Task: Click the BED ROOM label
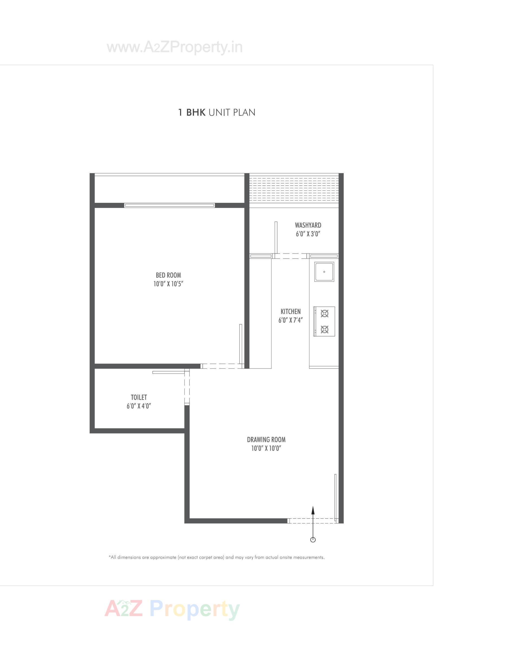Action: [x=168, y=275]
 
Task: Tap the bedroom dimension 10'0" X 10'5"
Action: [x=168, y=284]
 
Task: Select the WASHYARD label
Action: [x=308, y=225]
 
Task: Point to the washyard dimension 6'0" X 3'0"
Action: [x=308, y=234]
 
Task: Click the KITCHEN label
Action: [x=290, y=311]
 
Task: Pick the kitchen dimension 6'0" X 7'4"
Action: [x=290, y=320]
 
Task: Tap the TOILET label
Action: [x=139, y=397]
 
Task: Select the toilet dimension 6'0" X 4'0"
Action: [x=139, y=406]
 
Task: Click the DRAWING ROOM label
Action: [x=266, y=440]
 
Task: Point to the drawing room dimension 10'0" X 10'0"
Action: [x=266, y=448]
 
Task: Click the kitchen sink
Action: [x=324, y=272]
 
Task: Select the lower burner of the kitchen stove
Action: [x=324, y=329]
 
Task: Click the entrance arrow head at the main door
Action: [x=313, y=510]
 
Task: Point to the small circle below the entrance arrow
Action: [x=313, y=540]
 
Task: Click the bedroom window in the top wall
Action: [x=170, y=205]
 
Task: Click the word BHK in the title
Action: [x=196, y=113]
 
